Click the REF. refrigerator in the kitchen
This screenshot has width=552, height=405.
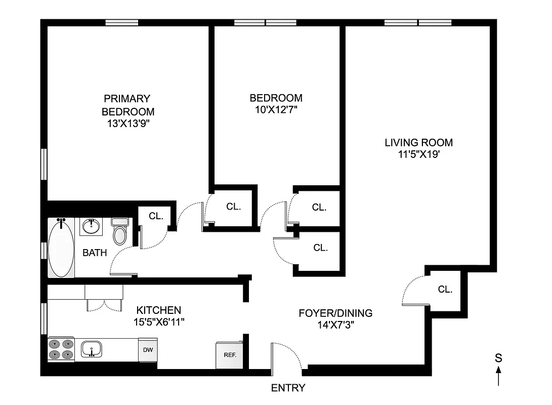click(230, 354)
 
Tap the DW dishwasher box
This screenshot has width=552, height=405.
click(147, 350)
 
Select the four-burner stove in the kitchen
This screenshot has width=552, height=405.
click(61, 349)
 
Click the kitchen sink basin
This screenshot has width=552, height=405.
click(92, 349)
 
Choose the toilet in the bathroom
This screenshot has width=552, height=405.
click(120, 232)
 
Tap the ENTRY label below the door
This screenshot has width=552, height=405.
click(288, 388)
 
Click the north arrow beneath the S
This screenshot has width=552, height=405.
click(498, 376)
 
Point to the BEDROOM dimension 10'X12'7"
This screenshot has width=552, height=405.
click(276, 110)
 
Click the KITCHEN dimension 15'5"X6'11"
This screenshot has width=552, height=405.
click(158, 322)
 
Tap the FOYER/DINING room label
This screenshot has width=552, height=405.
click(335, 313)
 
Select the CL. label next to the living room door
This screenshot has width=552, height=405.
click(445, 290)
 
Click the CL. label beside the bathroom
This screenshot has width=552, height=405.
click(156, 216)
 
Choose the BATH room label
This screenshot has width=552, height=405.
click(95, 252)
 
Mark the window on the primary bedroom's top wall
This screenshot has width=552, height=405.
click(121, 22)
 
